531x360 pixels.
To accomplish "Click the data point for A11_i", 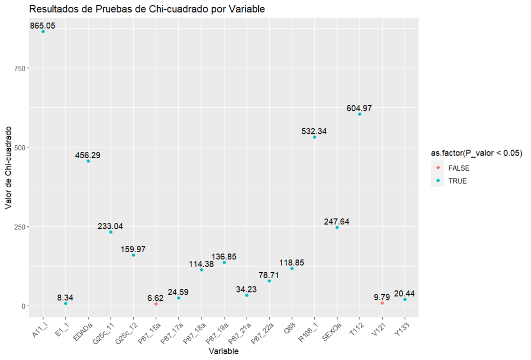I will pos(43,32).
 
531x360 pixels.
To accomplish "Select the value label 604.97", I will pos(359,108).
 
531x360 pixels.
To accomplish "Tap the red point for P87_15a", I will pos(156,304).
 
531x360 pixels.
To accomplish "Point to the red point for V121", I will pos(382,303).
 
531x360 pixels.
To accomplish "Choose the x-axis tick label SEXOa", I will pos(332,329).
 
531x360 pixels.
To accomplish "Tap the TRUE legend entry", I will pos(456,181).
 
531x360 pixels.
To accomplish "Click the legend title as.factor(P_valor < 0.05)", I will pos(476,154).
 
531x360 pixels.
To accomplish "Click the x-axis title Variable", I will pos(223,351).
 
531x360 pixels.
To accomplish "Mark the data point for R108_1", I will pos(314,137).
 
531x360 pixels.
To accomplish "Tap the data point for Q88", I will pos(292,268).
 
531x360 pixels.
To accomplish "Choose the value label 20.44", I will pos(404,294).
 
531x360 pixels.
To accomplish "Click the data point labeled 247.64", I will pos(337,227).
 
